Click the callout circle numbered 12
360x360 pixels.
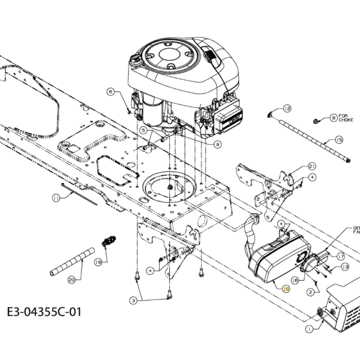click(287, 109)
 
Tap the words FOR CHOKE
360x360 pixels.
click(346, 118)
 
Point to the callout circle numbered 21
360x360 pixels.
click(312, 166)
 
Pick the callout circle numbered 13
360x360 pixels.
click(344, 266)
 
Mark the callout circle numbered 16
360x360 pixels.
click(295, 280)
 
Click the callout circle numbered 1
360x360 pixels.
click(309, 329)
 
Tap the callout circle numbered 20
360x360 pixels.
click(72, 279)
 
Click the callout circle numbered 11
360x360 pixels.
click(55, 197)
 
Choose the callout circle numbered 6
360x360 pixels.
click(111, 92)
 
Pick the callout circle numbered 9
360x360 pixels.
click(218, 144)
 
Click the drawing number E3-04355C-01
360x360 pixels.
click(42, 312)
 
